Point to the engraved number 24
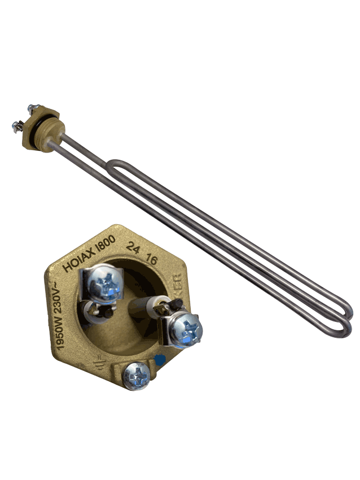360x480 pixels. tap(134, 246)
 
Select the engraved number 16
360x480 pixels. tap(151, 259)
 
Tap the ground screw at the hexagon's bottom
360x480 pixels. tap(137, 374)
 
